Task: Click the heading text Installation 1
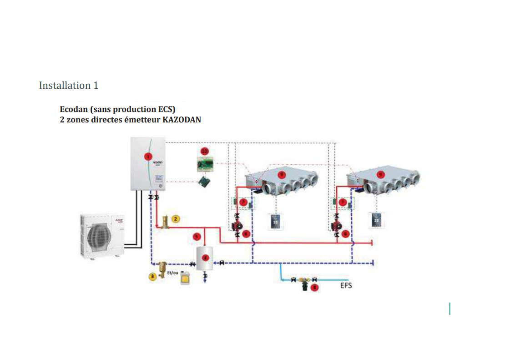point(69,86)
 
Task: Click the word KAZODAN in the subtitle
point(182,120)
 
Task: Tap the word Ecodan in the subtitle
point(74,110)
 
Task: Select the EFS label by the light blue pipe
point(346,285)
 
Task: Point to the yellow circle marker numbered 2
point(176,218)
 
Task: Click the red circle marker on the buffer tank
point(205,258)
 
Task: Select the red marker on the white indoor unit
point(147,156)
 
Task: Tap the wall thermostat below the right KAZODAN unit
point(376,221)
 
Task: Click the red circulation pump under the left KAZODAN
point(237,226)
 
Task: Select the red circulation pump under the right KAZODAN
point(337,226)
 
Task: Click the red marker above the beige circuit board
point(205,151)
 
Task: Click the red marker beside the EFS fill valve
point(314,287)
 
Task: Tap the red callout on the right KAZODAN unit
point(381,174)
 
